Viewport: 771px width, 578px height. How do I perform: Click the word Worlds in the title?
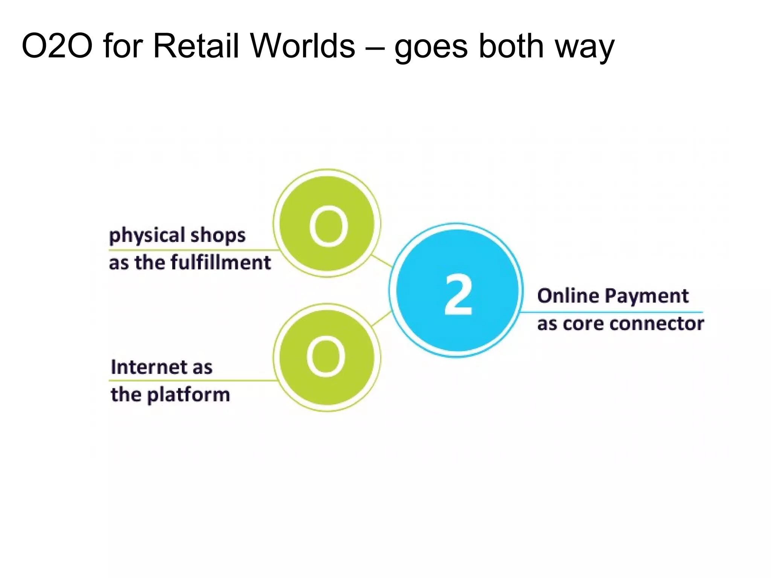(303, 46)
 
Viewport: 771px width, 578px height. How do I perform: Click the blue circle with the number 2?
(457, 290)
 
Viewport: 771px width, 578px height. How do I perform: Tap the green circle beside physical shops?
(327, 224)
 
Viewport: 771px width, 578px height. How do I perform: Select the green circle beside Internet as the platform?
(327, 357)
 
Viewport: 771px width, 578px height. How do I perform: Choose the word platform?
(188, 395)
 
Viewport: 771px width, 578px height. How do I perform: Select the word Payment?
(647, 297)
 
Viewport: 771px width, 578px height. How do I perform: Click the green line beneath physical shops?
(188, 250)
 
